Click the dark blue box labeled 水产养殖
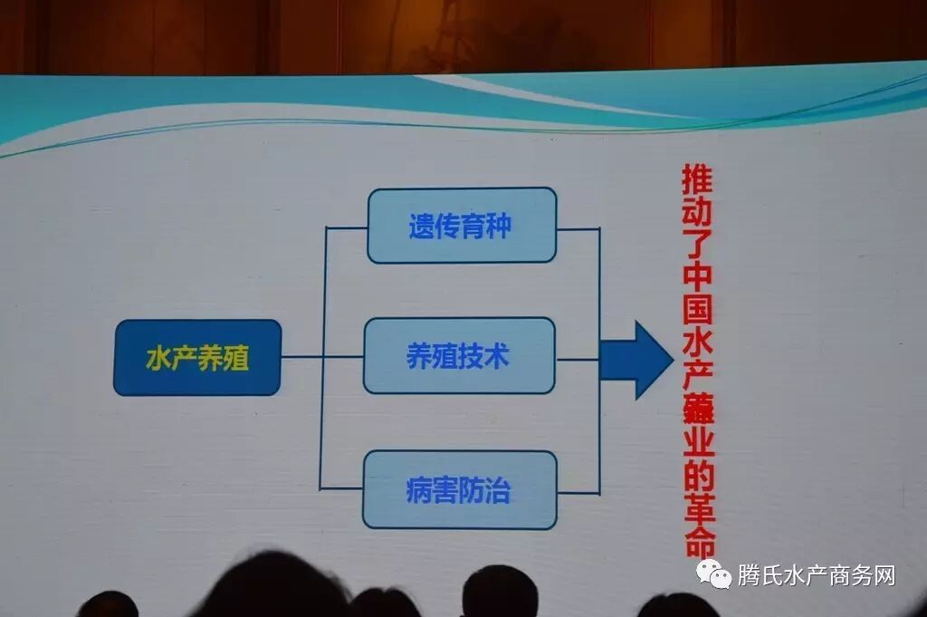coord(196,357)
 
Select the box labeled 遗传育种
coord(461,226)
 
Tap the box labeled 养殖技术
coord(459,355)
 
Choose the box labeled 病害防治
coord(459,490)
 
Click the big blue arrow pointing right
coord(636,359)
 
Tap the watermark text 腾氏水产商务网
coord(816,575)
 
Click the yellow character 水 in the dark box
coord(158,358)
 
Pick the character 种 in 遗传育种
coord(498,226)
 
